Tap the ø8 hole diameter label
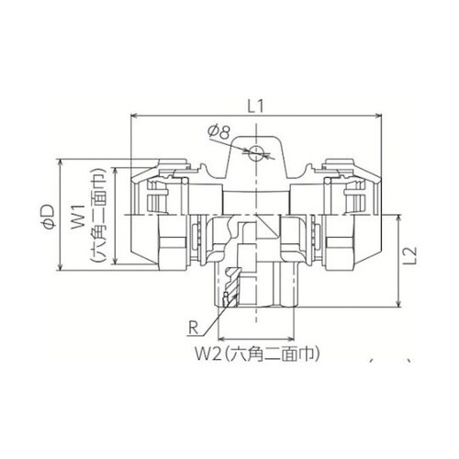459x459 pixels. point(218,134)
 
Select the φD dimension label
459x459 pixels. point(48,218)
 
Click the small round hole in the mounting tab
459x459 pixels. point(256,151)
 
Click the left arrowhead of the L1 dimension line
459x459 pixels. point(139,118)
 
